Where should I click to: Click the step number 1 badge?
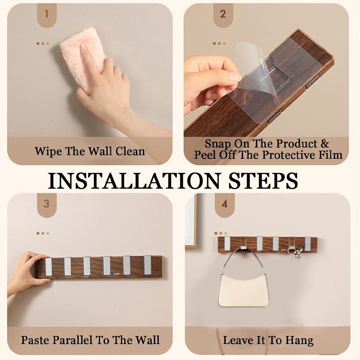47,15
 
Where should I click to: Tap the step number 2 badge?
223,15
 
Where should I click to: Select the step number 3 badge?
47,205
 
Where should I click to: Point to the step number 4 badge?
224,205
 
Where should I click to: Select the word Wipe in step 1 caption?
48,151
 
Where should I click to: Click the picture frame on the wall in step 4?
191,220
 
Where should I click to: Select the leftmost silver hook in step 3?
49,266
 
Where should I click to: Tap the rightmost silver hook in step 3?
147,265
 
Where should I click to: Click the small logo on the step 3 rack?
117,274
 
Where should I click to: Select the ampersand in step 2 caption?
325,144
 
